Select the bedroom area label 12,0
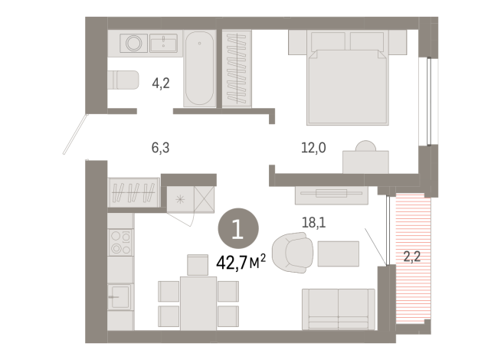pos(313,149)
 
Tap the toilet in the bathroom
pos(123,80)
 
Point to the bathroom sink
pos(164,41)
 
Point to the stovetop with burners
pos(121,242)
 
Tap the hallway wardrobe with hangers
pos(135,191)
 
